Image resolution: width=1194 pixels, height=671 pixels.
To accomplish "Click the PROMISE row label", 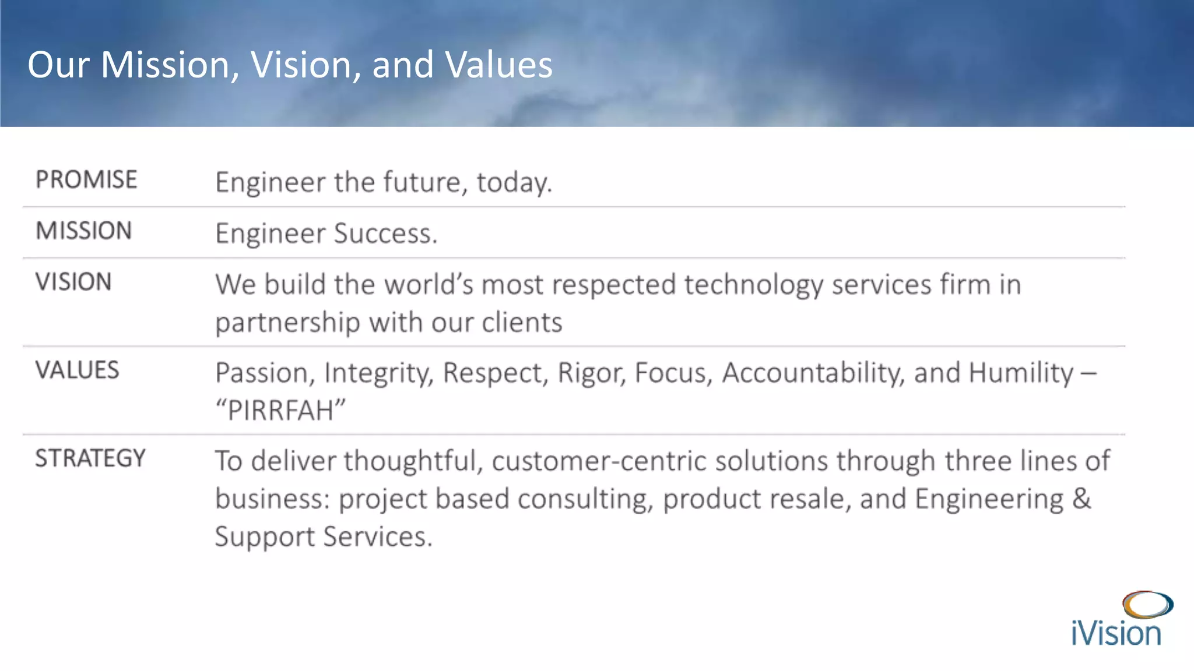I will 86,179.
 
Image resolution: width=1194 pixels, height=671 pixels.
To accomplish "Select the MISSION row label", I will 84,231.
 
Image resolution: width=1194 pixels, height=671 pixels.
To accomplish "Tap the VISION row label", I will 73,282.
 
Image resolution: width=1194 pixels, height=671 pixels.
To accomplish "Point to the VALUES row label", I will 77,370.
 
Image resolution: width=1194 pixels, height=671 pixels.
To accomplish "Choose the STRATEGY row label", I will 90,458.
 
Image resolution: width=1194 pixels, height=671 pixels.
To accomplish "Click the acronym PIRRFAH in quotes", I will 280,410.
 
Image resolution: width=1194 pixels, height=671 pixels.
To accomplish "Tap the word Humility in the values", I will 1021,373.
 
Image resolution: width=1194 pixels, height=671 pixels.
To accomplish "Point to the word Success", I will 385,234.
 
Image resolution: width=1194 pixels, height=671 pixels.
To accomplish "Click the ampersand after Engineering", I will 1081,499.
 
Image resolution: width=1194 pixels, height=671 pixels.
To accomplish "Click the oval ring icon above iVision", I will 1147,605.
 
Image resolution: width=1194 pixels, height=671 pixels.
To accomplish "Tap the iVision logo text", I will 1116,634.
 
